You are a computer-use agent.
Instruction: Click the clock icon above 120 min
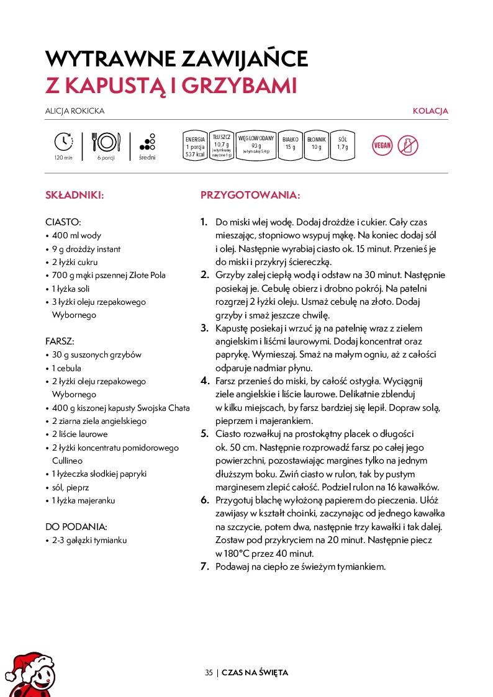(x=63, y=142)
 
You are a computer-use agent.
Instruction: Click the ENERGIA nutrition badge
(x=195, y=146)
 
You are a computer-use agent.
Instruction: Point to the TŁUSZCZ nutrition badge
(x=222, y=146)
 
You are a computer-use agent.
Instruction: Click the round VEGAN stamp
(x=382, y=146)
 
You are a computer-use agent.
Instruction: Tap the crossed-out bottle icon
(x=408, y=146)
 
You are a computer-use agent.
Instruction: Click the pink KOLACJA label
(x=430, y=111)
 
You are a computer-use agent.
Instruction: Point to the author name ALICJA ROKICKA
(x=75, y=111)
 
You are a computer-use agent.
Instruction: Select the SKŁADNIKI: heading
(x=74, y=195)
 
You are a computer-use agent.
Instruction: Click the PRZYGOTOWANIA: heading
(x=250, y=195)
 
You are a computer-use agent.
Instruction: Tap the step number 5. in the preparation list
(x=204, y=434)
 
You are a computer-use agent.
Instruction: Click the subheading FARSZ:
(x=60, y=341)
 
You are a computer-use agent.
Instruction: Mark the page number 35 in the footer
(x=209, y=673)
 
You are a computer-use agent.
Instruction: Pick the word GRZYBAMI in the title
(x=237, y=86)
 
